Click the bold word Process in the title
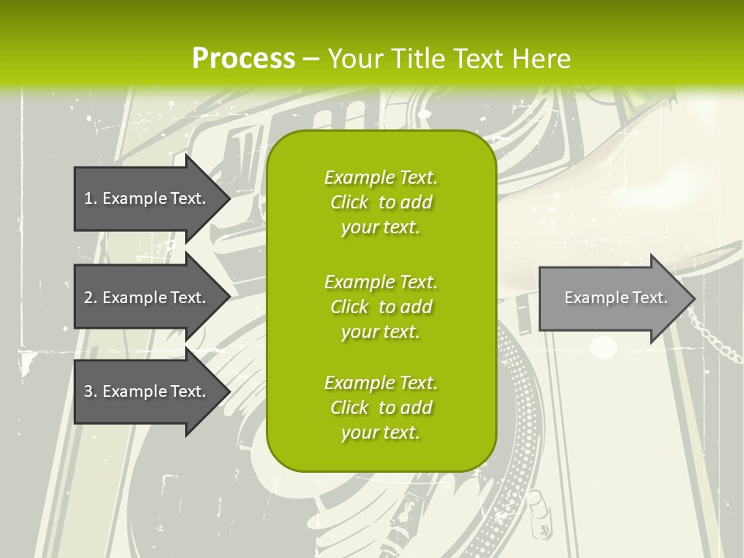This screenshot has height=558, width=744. pyautogui.click(x=243, y=59)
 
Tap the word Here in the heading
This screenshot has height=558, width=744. pyautogui.click(x=541, y=59)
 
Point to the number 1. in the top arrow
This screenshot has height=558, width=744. pyautogui.click(x=90, y=198)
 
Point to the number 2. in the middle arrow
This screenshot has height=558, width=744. pyautogui.click(x=90, y=298)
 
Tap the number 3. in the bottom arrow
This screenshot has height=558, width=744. pyautogui.click(x=90, y=392)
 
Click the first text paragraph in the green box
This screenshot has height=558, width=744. pyautogui.click(x=381, y=202)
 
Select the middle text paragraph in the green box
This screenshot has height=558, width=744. pyautogui.click(x=381, y=307)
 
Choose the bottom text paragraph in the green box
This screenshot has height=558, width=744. pyautogui.click(x=381, y=408)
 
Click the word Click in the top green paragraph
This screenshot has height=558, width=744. pyautogui.click(x=350, y=203)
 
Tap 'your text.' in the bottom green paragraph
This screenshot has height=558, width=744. pyautogui.click(x=381, y=432)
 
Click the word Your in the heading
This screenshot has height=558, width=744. pyautogui.click(x=354, y=59)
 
